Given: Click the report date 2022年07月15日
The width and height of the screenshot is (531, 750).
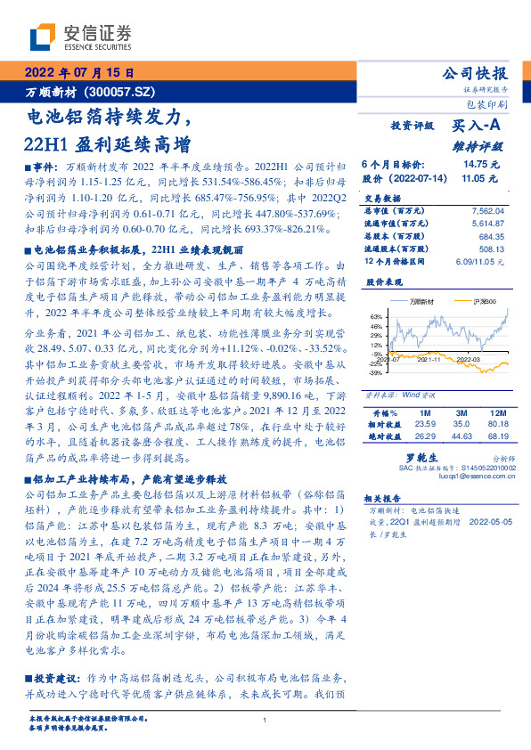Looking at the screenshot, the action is pyautogui.click(x=78, y=73).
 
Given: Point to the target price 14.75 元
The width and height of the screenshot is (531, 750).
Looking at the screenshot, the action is pyautogui.click(x=481, y=165).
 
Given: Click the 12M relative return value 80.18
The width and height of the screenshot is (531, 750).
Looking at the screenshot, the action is pyautogui.click(x=496, y=425).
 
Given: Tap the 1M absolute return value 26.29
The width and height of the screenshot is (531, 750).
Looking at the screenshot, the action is pyautogui.click(x=424, y=436).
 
